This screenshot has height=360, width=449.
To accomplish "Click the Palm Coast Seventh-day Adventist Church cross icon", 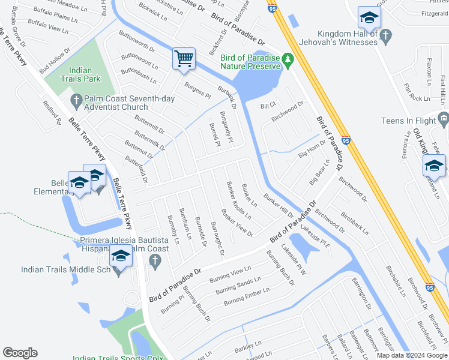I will tap(76, 98).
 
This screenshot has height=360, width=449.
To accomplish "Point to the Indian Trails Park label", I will tap(80, 74).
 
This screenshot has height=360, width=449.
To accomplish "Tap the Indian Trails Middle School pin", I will tap(121, 257).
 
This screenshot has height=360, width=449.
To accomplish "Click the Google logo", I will tap(20, 353).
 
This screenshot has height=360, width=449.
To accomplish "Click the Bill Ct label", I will tap(268, 106).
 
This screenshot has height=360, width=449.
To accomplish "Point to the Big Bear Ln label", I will tap(319, 172).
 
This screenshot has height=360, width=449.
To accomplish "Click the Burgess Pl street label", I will tap(197, 91).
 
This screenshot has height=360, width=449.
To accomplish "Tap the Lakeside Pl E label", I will tap(316, 236).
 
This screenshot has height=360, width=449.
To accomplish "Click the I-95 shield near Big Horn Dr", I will tap(346, 141).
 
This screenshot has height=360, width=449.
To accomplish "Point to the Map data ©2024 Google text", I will tap(411, 355).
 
